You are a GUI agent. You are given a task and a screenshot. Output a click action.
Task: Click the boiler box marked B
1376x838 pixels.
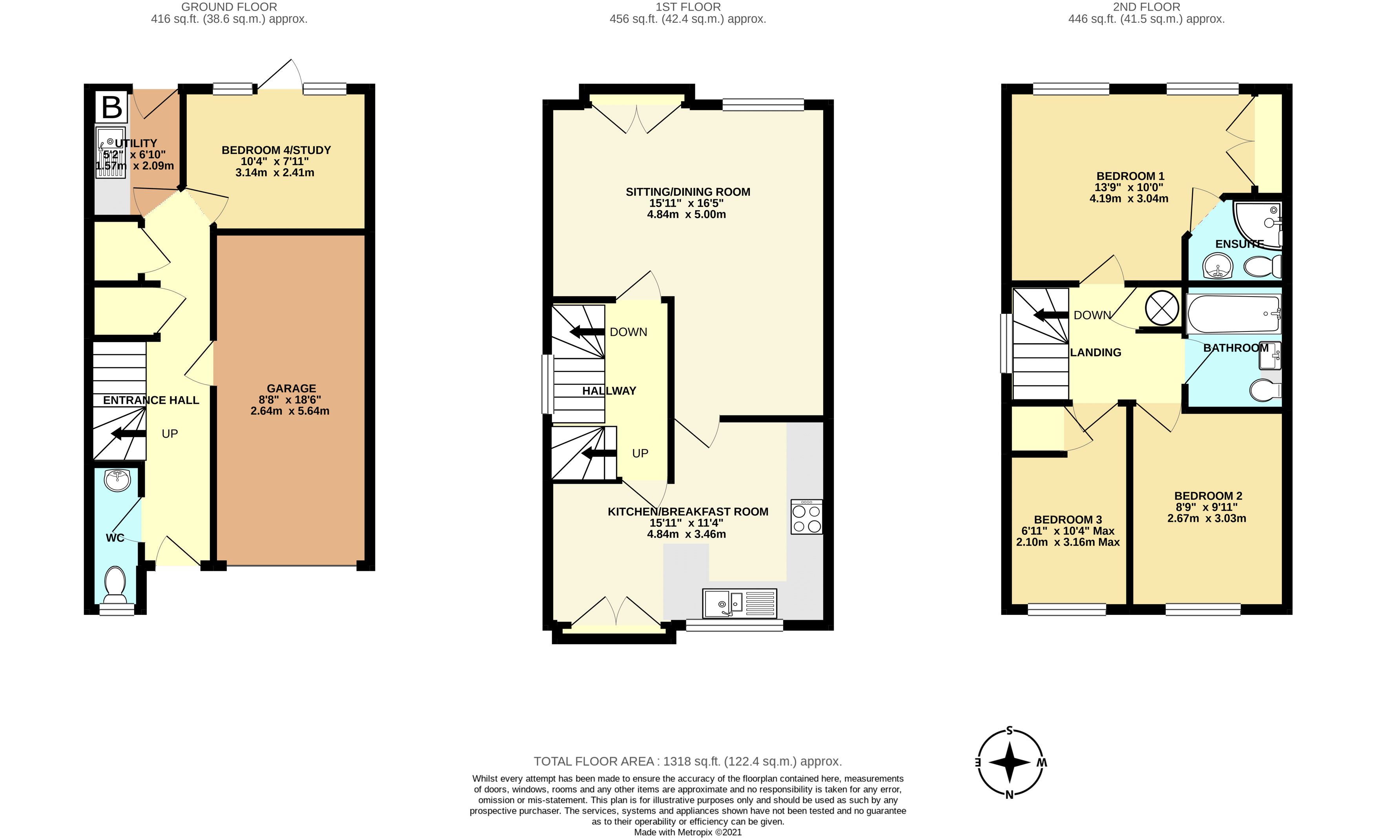click(112, 107)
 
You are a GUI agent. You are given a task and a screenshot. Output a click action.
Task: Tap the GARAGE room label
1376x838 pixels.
click(291, 388)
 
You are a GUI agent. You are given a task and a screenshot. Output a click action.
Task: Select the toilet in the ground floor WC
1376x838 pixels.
click(116, 584)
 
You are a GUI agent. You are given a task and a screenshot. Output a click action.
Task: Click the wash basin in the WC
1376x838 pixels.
click(117, 480)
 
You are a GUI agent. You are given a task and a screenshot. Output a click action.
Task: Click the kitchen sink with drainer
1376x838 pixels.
click(739, 603)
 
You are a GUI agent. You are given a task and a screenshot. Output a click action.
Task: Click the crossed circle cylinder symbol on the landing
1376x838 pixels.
click(1162, 308)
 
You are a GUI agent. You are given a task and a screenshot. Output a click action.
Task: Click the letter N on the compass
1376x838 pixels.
click(1010, 795)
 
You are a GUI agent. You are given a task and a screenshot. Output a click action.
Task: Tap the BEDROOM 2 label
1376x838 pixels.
click(1208, 496)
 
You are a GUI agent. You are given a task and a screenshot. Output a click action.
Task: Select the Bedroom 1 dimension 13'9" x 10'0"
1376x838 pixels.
click(1128, 188)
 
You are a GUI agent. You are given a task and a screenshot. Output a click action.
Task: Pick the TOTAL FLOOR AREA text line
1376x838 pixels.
click(687, 761)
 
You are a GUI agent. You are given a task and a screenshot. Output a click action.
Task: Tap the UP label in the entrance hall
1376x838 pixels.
click(170, 434)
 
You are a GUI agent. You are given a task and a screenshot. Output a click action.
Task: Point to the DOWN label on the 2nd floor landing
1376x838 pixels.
click(1092, 315)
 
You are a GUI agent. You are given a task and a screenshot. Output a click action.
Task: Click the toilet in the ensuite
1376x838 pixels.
click(1263, 266)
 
